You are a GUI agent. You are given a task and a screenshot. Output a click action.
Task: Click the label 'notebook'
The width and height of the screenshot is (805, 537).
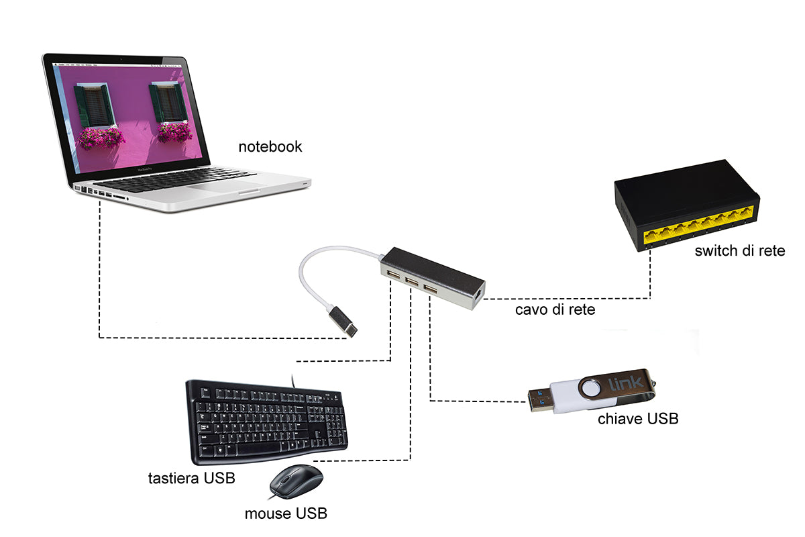tap(270, 146)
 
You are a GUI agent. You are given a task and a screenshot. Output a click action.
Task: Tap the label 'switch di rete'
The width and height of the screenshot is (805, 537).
tap(739, 251)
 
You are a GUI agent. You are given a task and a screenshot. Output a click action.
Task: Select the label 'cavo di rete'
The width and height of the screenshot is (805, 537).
tap(555, 309)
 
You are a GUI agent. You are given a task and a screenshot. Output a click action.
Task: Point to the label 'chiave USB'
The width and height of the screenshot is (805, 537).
tap(637, 419)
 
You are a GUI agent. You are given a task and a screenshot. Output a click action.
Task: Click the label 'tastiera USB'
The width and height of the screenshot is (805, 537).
tap(191, 479)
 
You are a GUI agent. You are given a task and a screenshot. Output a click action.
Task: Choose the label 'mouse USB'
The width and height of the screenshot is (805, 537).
tap(286, 514)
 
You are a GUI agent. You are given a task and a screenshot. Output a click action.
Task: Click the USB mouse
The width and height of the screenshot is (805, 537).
tap(295, 481)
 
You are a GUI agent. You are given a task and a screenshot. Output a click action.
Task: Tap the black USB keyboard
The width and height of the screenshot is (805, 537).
tap(267, 422)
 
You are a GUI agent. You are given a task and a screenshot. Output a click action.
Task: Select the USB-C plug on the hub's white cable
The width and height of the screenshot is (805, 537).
tap(343, 323)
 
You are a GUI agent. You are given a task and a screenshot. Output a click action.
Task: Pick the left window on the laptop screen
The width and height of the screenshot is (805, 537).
tap(95, 106)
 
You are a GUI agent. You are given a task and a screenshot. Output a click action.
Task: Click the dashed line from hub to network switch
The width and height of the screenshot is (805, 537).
tap(570, 298)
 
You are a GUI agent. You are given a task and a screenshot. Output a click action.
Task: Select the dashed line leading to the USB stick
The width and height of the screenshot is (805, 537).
tap(470, 401)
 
